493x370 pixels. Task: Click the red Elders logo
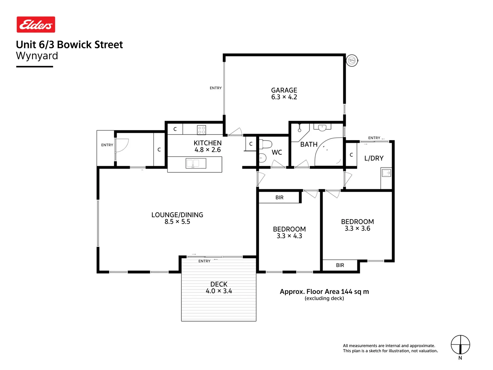[36, 25]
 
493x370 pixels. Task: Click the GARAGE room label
[284, 90]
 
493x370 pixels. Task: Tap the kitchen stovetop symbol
[201, 130]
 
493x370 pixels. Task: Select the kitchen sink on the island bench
[196, 163]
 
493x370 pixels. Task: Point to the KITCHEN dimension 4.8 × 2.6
[207, 150]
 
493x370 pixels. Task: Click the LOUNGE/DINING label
[177, 215]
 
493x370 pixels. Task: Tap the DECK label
[219, 284]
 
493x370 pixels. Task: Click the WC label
[277, 152]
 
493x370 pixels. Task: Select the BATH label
[309, 145]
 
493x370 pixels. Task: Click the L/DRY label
[374, 158]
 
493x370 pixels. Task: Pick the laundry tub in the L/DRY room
[386, 173]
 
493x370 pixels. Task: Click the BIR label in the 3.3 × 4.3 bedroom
[279, 198]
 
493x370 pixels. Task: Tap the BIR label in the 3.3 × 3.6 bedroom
[340, 265]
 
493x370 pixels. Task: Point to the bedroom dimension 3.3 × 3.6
[357, 229]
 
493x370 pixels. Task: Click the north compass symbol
[460, 345]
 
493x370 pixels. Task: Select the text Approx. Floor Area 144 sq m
[324, 292]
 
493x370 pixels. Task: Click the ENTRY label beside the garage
[216, 88]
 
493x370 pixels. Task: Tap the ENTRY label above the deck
[204, 261]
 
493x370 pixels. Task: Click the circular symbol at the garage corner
[352, 61]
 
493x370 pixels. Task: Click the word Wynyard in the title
[37, 56]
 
